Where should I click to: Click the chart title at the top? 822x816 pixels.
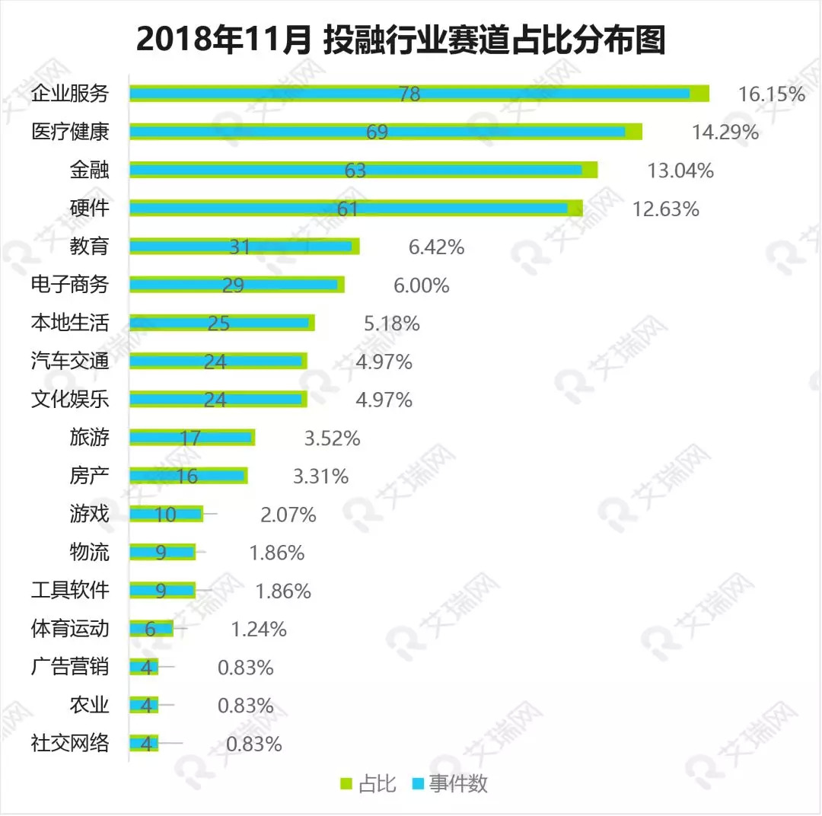coord(401,40)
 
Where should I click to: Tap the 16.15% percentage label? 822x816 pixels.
coord(771,94)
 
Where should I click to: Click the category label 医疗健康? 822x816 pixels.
coord(70,132)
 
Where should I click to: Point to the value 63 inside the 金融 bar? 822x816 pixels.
coord(355,171)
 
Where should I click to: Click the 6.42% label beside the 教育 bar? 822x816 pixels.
coord(436,247)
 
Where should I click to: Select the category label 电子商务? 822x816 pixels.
coord(70,285)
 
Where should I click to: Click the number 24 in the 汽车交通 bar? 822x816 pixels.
coord(215,362)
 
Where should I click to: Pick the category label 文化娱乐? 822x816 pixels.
coord(70,399)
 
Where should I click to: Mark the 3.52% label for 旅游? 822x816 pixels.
coord(332,438)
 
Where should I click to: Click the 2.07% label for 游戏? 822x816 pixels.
coord(288,515)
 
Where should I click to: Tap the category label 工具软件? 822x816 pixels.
coord(70,590)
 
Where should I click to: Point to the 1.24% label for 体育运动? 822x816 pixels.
coord(258,630)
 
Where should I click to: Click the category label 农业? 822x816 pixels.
coord(89,705)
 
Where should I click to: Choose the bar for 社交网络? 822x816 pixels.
coord(144,744)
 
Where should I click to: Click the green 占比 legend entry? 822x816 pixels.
coord(368,784)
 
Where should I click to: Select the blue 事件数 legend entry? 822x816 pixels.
coord(449,784)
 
